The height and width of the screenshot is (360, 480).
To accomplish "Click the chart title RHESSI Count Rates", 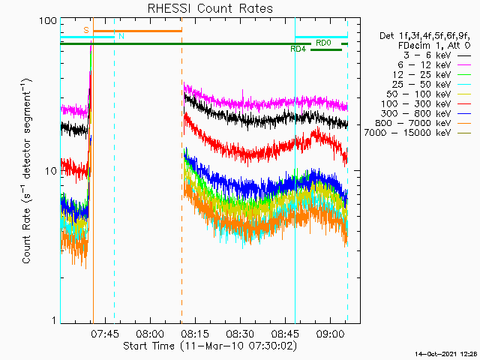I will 209,9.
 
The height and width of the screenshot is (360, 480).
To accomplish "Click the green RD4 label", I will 298,49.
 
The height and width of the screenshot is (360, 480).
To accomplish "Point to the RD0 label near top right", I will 323,43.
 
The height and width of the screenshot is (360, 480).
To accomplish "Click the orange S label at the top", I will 86,30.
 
